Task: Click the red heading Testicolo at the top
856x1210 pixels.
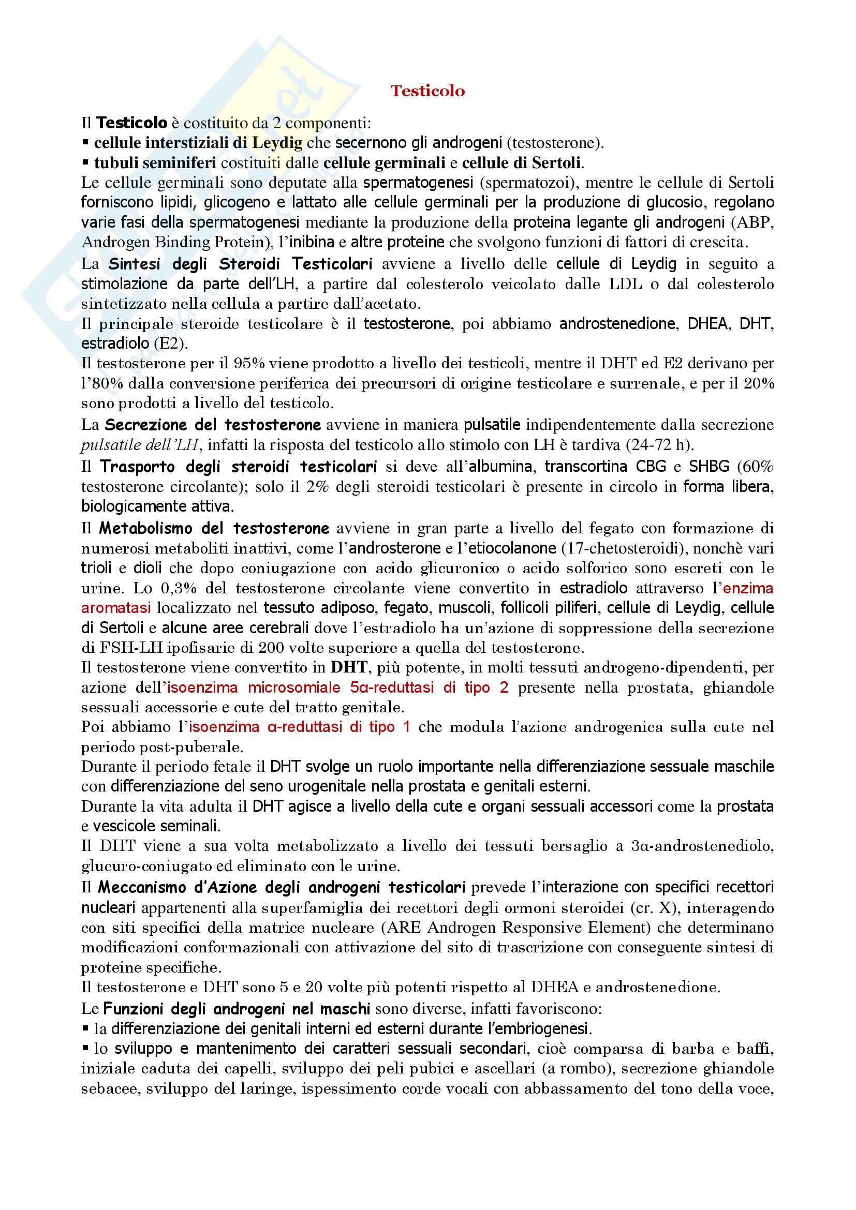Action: [427, 91]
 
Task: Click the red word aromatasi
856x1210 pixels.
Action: [116, 608]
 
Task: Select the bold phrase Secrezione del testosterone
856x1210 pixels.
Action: [212, 425]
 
